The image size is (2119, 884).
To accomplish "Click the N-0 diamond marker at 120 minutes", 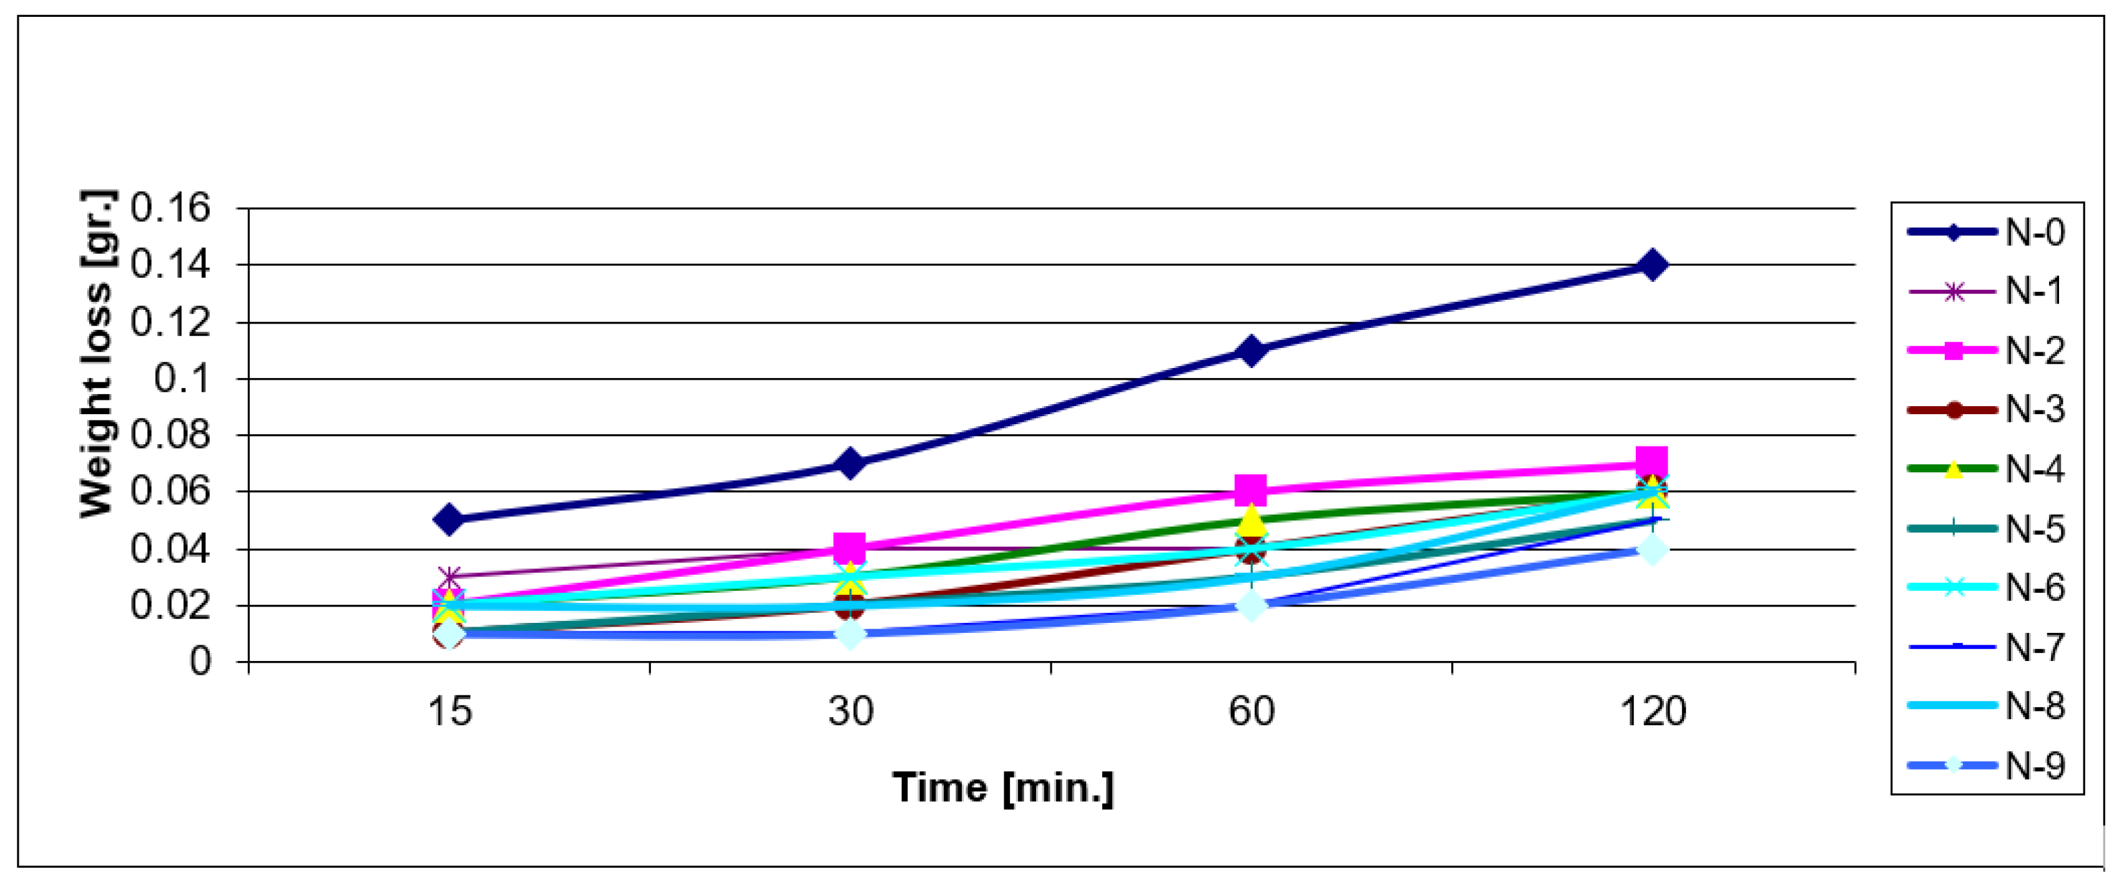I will pyautogui.click(x=1652, y=265).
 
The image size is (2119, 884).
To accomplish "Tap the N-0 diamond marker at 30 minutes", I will pyautogui.click(x=849, y=464).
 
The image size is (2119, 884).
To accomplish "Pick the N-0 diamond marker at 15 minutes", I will pyautogui.click(x=448, y=520).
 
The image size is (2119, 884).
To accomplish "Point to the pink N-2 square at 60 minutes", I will pyautogui.click(x=1250, y=490).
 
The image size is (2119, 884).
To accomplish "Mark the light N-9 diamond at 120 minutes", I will pyautogui.click(x=1652, y=550).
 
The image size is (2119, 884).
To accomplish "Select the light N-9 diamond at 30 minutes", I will pyautogui.click(x=849, y=635).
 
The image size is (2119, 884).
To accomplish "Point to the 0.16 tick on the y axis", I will pyautogui.click(x=170, y=208).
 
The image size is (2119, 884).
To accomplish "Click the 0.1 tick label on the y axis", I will pyautogui.click(x=182, y=379).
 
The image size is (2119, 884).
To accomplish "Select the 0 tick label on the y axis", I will pyautogui.click(x=200, y=662).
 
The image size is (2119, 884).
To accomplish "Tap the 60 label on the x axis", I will pyautogui.click(x=1250, y=711).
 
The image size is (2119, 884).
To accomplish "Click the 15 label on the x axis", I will pyautogui.click(x=449, y=711).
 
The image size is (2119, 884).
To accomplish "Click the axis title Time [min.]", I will pyautogui.click(x=1003, y=788).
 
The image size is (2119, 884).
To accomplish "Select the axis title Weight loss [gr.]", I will pyautogui.click(x=97, y=354).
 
